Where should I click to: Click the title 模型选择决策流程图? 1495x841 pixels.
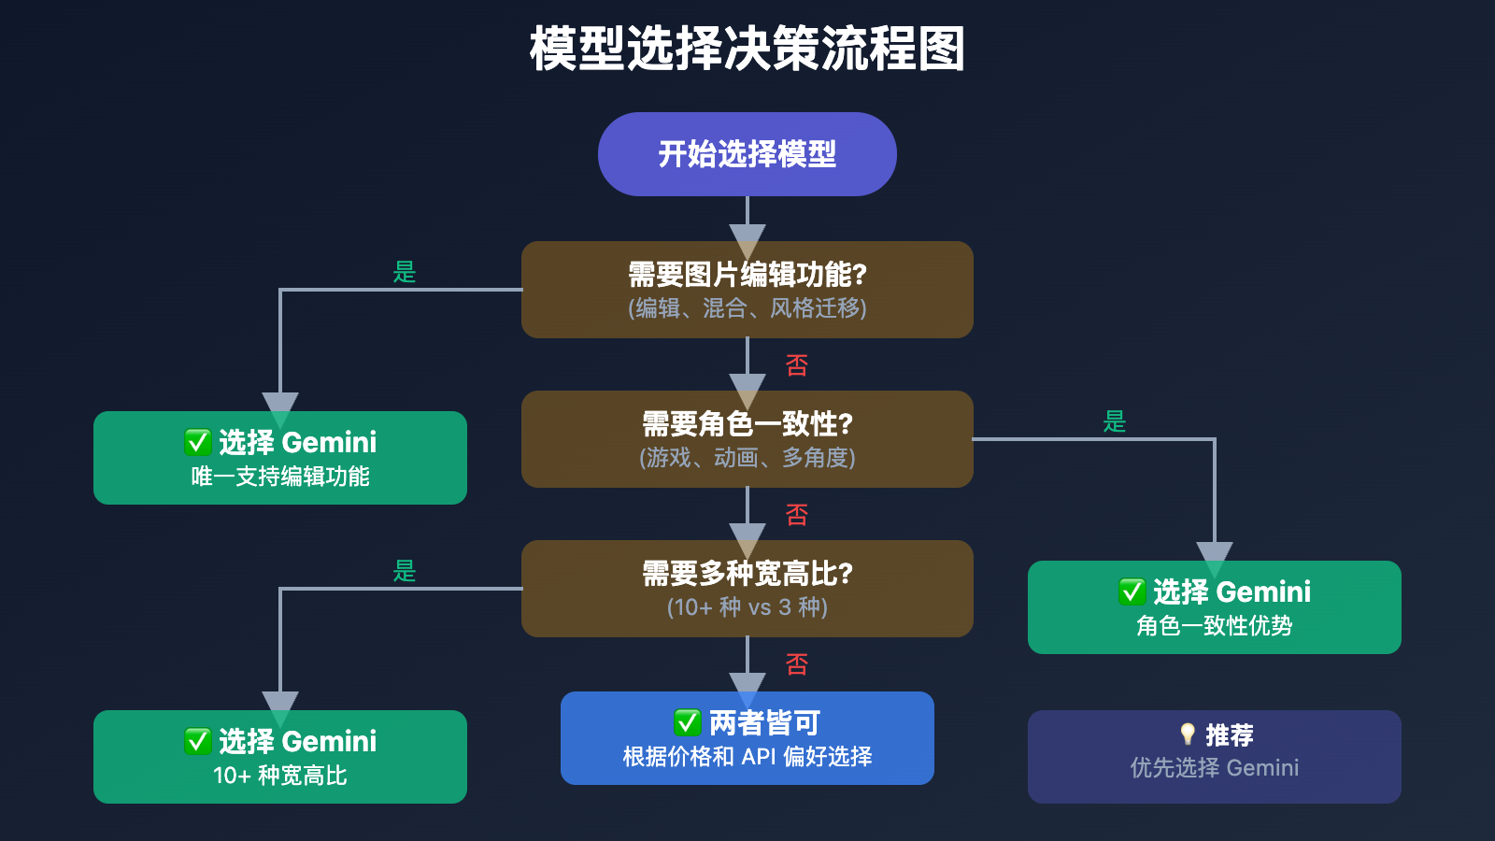[747, 49]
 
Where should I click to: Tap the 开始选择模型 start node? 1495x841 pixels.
[747, 154]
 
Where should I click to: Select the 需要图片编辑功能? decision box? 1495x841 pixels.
[747, 289]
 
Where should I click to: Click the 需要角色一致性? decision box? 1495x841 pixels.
[747, 438]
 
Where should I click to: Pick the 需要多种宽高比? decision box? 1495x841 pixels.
[747, 588]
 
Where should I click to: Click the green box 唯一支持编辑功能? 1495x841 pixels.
[280, 458]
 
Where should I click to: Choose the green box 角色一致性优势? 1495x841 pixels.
[1215, 607]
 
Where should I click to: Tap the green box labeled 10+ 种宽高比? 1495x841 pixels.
[280, 757]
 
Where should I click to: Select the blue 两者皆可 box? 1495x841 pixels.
[747, 738]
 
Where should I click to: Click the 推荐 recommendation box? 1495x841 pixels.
[1215, 757]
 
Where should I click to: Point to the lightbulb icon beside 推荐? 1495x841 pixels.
[1188, 734]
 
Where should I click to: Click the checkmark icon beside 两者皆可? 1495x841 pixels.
[688, 722]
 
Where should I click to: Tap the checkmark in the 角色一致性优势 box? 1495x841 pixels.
[1132, 592]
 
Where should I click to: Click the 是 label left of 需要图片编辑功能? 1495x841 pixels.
[405, 272]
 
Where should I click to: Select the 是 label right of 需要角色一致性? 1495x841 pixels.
[1115, 421]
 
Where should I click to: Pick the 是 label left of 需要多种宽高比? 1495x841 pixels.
[405, 571]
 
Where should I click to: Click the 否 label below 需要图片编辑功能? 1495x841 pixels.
[797, 365]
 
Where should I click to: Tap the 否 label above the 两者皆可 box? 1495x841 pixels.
[797, 664]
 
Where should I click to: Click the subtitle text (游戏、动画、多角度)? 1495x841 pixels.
[747, 458]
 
